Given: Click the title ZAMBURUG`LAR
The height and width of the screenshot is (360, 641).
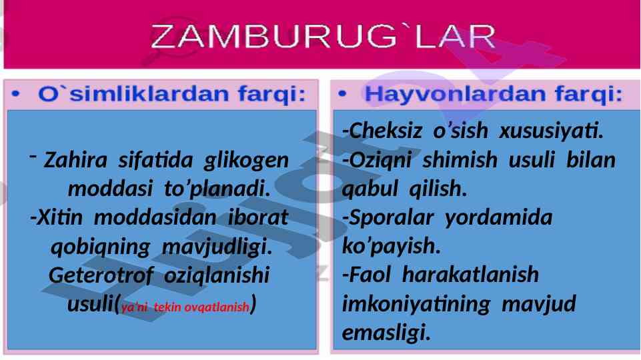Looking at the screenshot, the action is [323, 37].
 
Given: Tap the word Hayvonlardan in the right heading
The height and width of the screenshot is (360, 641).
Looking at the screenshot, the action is [455, 95].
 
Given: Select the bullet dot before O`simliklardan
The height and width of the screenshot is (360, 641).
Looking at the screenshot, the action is [15, 95].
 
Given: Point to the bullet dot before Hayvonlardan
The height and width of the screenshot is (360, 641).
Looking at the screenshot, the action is [342, 94].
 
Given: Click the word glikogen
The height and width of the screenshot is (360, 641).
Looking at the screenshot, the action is [247, 161].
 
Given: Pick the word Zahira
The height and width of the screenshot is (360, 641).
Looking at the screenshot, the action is [75, 160].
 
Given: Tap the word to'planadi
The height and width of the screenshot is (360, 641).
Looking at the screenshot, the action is [217, 189].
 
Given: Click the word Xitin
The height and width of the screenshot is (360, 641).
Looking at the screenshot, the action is [57, 217].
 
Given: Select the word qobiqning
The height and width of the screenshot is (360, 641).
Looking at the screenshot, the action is [101, 247].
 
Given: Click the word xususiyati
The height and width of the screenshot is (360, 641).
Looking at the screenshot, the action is [552, 131].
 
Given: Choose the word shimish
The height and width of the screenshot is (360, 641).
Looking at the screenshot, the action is [460, 160].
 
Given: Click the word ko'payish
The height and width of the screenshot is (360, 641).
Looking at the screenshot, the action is [392, 247].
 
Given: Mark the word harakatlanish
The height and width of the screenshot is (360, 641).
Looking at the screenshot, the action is [470, 274].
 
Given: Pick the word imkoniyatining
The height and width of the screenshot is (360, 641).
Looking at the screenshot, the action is [416, 304].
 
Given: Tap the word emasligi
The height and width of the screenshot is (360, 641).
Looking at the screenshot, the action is [386, 333].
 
